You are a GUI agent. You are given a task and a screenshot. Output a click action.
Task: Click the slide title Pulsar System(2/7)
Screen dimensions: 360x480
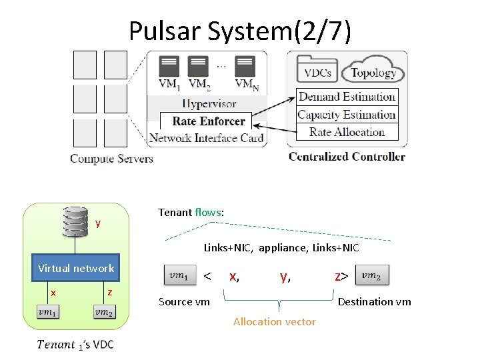[240, 31]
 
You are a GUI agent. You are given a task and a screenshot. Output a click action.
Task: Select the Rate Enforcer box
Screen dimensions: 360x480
[208, 121]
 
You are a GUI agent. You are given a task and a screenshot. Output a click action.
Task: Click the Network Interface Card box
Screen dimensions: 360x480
[207, 138]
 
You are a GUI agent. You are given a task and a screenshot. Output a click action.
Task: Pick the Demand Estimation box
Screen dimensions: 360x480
[347, 97]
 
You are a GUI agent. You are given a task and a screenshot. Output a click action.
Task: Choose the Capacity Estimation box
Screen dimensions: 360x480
[347, 115]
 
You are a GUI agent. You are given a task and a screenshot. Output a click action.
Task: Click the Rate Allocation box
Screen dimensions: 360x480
[347, 132]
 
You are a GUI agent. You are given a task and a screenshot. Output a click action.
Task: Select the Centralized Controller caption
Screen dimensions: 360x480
[347, 157]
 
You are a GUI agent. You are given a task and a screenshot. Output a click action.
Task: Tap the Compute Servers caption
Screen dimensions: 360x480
[111, 159]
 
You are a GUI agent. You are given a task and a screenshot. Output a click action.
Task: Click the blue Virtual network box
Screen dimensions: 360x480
[76, 268]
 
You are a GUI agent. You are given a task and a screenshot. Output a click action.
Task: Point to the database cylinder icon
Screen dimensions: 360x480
[75, 222]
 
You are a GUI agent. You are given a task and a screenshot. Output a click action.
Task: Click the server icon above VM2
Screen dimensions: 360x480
[198, 67]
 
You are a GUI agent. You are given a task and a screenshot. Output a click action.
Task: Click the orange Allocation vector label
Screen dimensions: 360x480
[275, 321]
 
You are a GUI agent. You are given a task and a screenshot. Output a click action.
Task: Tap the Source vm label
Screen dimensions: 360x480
[184, 302]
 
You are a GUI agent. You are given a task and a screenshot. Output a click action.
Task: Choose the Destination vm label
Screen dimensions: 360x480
[374, 302]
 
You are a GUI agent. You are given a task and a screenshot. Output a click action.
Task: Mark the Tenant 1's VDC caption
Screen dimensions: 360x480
[75, 344]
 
